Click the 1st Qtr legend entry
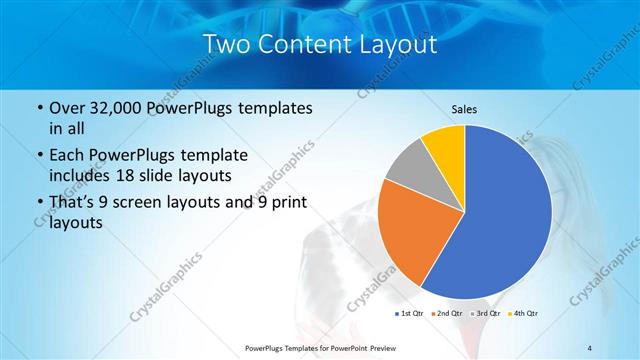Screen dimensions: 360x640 [x=410, y=314]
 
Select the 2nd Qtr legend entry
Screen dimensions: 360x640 [x=447, y=314]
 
